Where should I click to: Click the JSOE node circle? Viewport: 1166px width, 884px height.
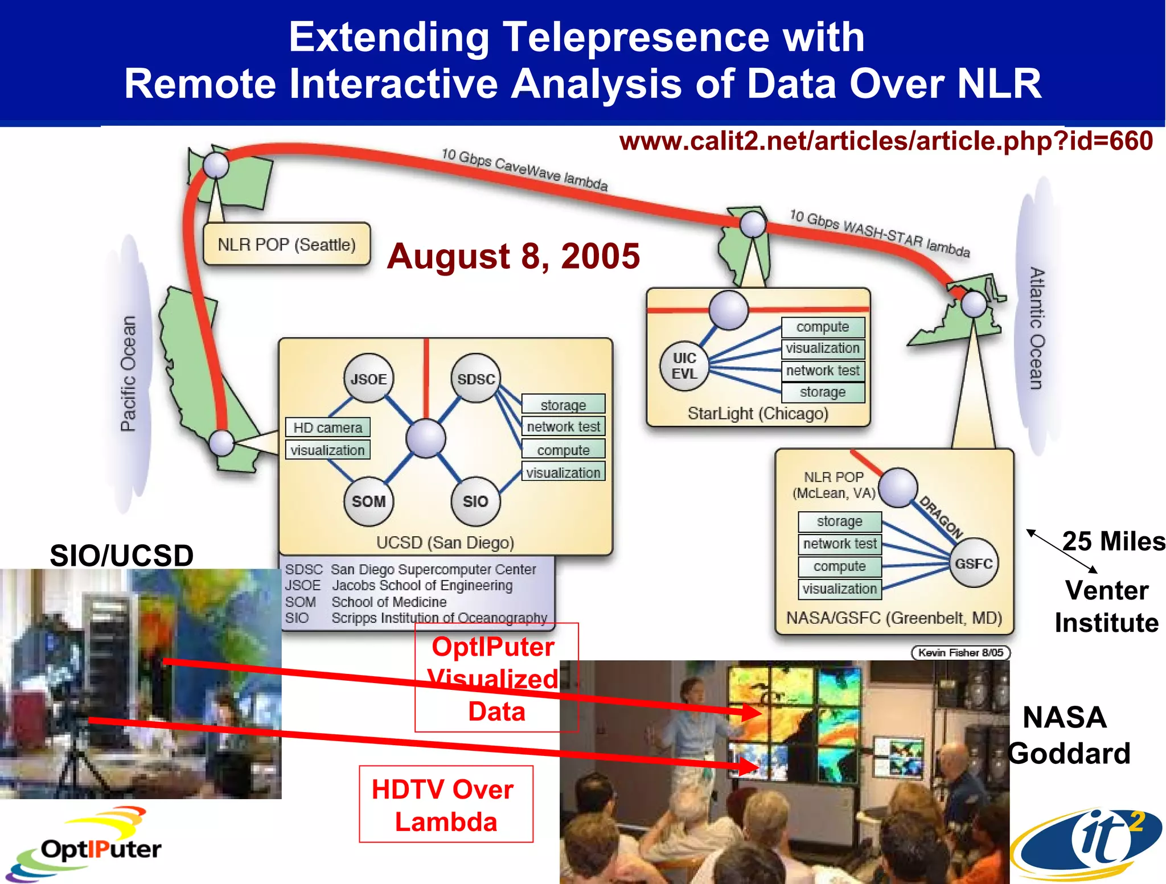(368, 379)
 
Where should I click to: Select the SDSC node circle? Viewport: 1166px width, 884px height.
(476, 379)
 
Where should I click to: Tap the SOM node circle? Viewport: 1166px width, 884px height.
(368, 501)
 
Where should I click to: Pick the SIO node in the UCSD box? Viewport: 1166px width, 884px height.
(475, 501)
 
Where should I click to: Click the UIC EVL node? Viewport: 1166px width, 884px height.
(684, 366)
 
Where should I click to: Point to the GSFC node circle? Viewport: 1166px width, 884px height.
(974, 564)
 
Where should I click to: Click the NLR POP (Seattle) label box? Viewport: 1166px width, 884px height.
(286, 245)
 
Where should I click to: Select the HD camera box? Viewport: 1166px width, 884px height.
(327, 427)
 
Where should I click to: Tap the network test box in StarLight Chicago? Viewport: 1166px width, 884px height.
(823, 371)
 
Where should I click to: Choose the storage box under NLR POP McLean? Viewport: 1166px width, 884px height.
(839, 521)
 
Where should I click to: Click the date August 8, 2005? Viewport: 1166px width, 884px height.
(513, 256)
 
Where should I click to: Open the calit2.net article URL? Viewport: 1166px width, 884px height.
(886, 141)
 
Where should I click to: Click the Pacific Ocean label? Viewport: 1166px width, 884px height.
(129, 373)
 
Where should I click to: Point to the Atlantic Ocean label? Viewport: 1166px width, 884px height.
(1037, 328)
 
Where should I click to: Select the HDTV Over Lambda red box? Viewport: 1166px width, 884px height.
(446, 805)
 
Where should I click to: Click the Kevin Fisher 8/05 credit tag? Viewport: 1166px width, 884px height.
(960, 652)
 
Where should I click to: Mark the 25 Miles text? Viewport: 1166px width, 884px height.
(1113, 541)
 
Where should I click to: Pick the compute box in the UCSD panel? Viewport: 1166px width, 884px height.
(563, 450)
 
